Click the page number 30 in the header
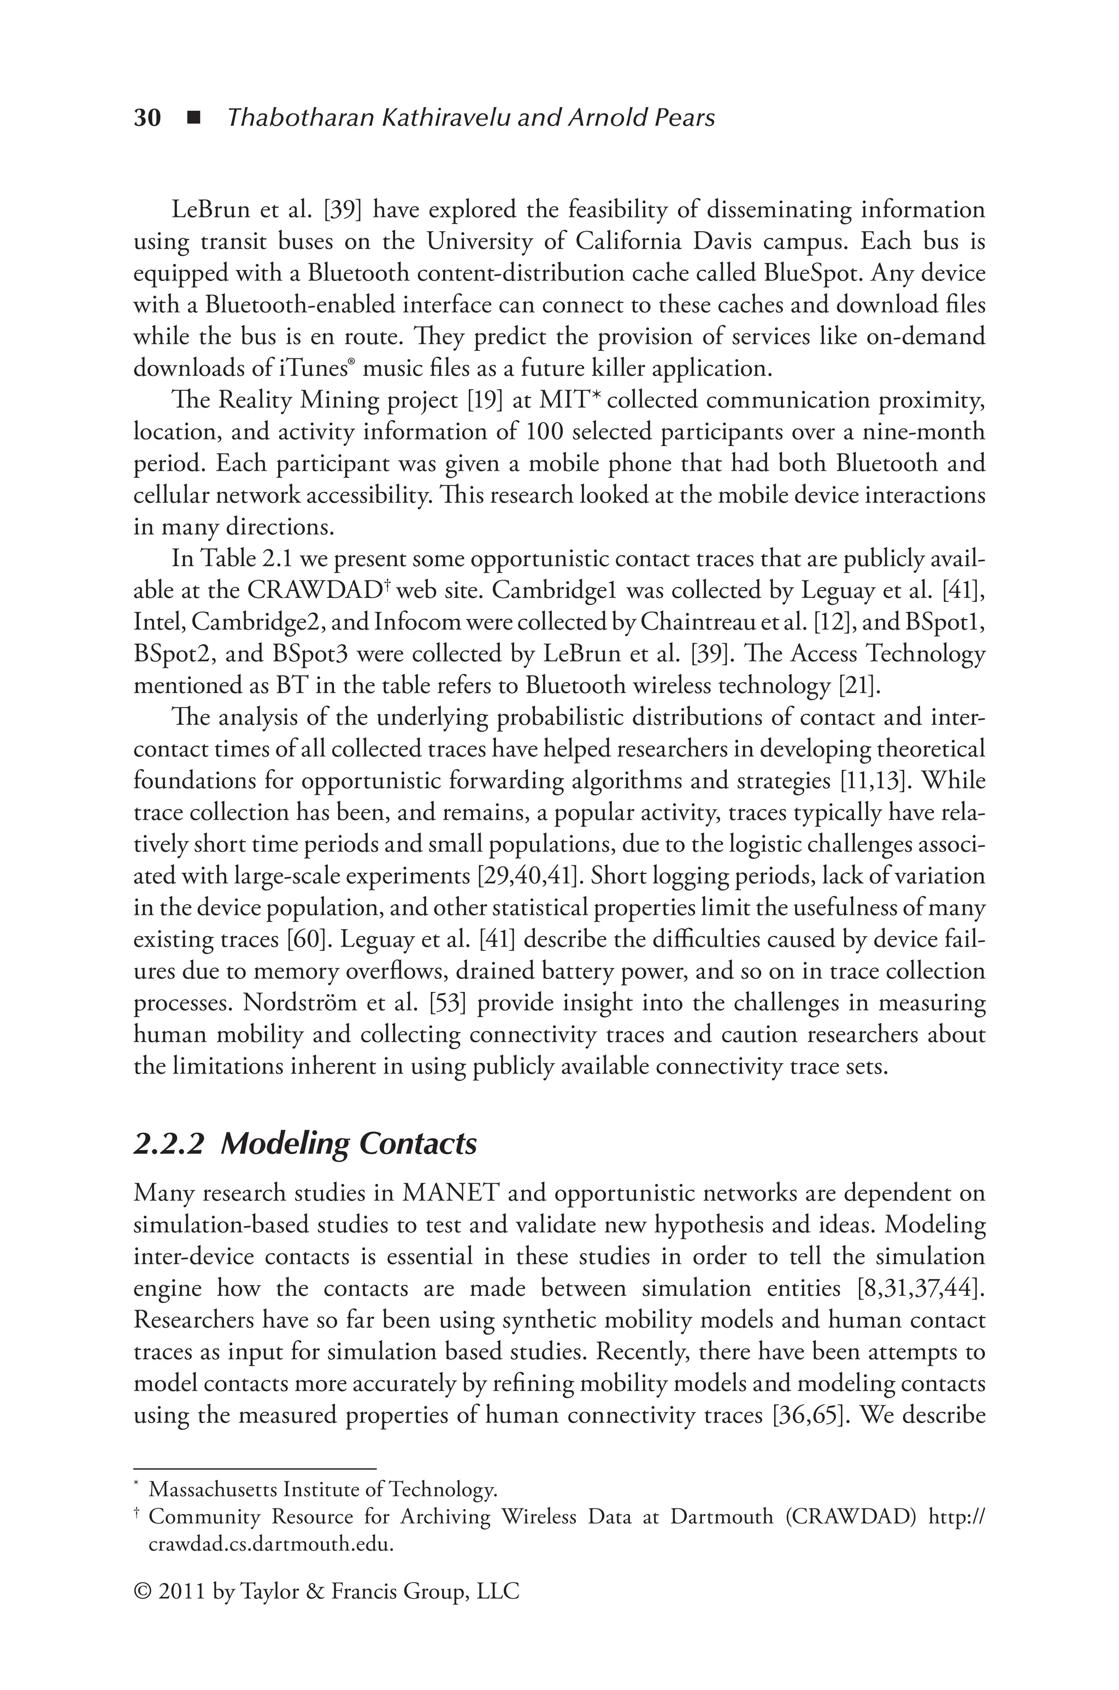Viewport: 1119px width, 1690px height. click(x=148, y=118)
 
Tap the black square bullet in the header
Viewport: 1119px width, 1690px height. click(x=193, y=118)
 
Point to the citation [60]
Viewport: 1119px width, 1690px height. click(x=305, y=939)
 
